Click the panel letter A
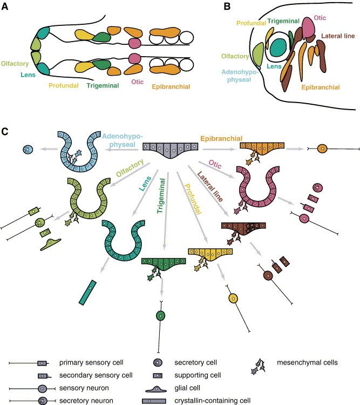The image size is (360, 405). (7, 7)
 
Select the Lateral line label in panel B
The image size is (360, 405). (339, 36)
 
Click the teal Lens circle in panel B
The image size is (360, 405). (280, 46)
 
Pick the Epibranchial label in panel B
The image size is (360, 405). (321, 87)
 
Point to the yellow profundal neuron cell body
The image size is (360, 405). (233, 298)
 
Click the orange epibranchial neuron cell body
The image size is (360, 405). (322, 148)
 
